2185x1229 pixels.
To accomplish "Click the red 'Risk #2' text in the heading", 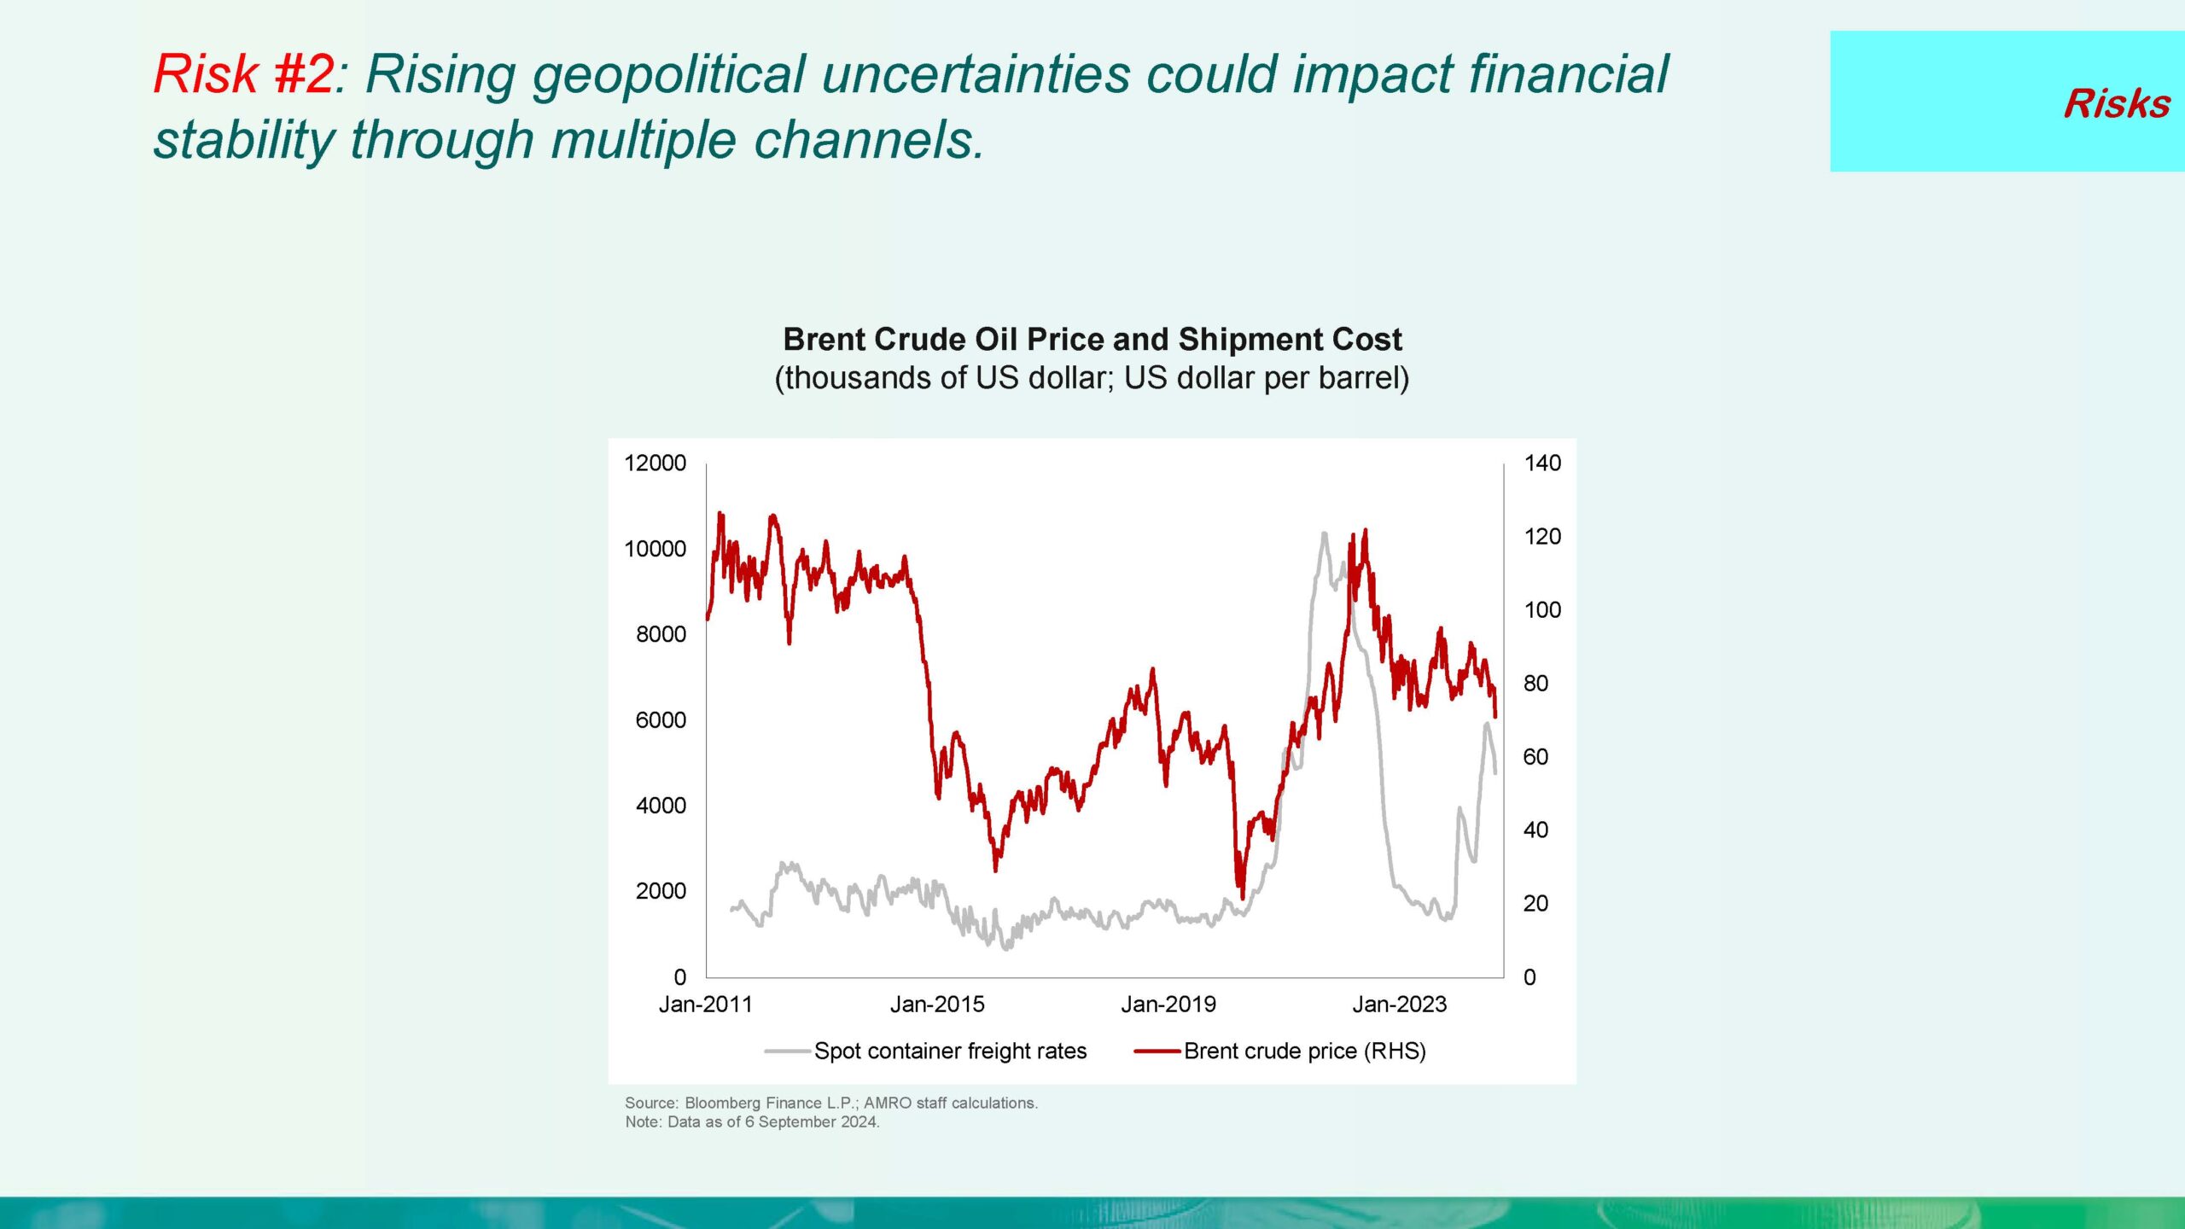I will point(244,74).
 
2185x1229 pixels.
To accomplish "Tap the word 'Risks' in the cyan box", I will point(2116,104).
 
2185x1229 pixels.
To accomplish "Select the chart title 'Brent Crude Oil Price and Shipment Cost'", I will point(1092,340).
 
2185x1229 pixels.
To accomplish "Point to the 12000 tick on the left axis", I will point(655,463).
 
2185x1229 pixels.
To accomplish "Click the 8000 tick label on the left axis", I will point(661,634).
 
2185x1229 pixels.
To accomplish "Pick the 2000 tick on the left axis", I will point(661,891).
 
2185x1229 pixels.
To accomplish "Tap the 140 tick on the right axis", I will point(1542,463).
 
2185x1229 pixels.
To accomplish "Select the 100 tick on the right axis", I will point(1542,610).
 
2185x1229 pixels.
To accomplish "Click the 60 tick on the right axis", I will point(1535,757).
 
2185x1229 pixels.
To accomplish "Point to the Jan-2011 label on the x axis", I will point(705,1005).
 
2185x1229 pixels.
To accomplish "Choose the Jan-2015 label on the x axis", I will point(937,1005).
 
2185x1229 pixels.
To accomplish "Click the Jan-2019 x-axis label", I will point(1168,1005).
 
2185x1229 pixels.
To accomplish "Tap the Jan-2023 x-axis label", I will point(1400,1005).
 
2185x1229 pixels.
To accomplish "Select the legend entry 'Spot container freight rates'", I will point(949,1051).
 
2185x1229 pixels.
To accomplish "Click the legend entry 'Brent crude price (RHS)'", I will point(1304,1051).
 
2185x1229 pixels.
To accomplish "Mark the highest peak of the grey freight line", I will point(1324,534).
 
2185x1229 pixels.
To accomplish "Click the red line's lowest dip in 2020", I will point(1242,896).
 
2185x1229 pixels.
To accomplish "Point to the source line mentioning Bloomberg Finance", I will point(830,1103).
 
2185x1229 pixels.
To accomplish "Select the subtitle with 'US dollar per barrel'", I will point(1092,378).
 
